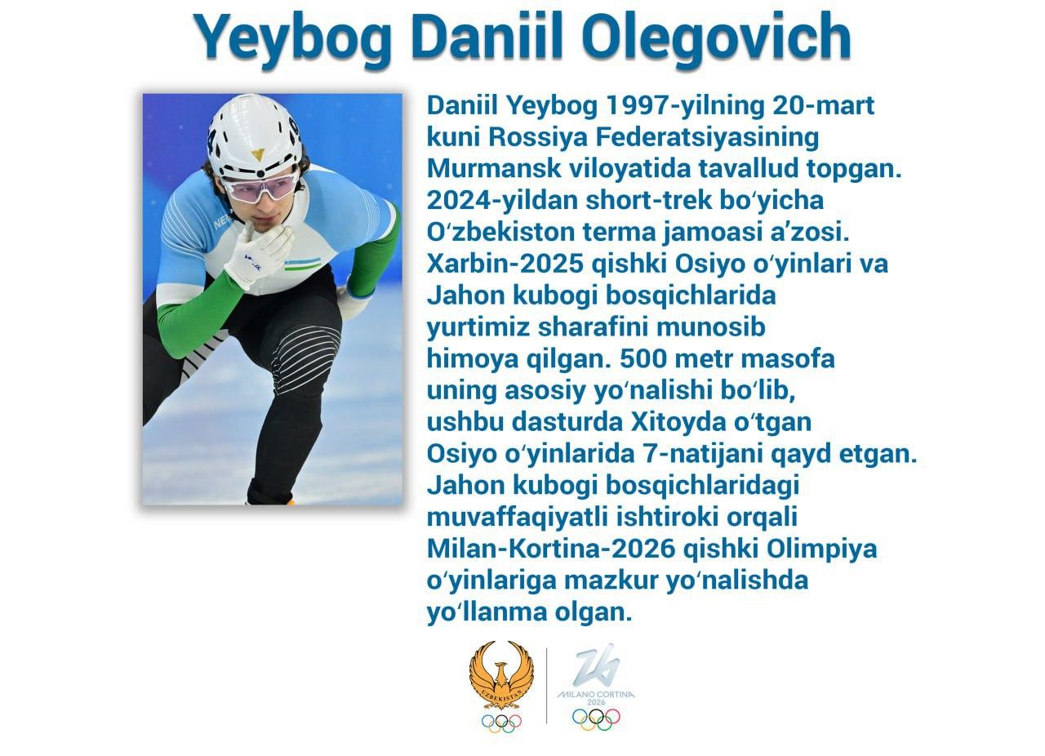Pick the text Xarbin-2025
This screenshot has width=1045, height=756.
pos(505,264)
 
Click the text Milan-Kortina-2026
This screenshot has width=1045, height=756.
pos(551,549)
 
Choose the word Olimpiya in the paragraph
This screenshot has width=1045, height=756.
pos(821,549)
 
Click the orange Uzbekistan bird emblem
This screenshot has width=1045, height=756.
pos(501,675)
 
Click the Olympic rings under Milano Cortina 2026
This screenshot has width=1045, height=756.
pos(596,719)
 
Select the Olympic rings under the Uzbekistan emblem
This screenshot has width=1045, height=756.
pos(501,723)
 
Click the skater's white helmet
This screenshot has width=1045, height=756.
pos(255,136)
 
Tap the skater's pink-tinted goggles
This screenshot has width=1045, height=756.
pos(260,188)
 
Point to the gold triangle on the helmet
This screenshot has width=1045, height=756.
pos(257,154)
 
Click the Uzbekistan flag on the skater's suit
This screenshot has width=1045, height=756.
pos(303,265)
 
